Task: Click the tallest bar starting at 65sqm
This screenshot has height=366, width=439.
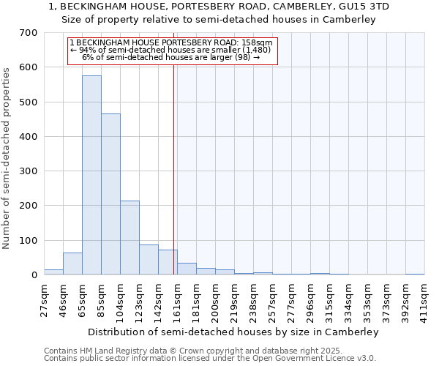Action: tap(91, 176)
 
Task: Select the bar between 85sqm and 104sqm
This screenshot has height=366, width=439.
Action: tap(110, 194)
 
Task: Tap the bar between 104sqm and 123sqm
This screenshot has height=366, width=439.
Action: tap(130, 238)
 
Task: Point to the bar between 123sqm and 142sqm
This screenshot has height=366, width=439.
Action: tap(149, 260)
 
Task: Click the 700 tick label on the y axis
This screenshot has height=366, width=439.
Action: tap(29, 33)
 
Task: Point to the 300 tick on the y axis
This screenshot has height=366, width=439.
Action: tap(29, 171)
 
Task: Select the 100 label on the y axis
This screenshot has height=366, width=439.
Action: tap(29, 240)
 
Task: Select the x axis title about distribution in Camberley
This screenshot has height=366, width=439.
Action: tap(233, 332)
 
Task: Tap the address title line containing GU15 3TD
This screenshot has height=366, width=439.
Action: tap(219, 7)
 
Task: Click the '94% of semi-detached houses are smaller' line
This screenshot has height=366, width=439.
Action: tap(172, 50)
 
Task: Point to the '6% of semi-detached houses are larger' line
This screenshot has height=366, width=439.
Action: tap(172, 57)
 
